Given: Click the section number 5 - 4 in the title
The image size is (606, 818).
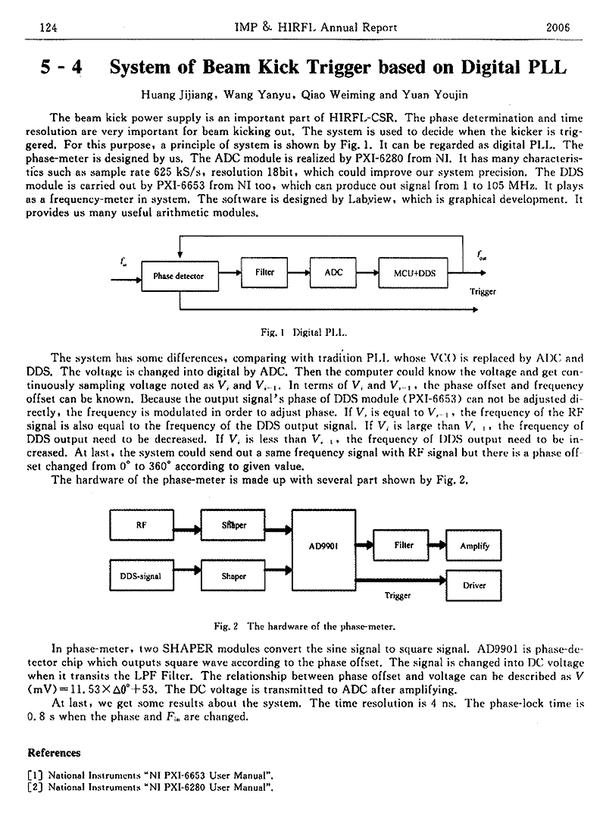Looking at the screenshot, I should tap(61, 67).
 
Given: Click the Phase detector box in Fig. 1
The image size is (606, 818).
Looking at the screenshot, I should tap(178, 276).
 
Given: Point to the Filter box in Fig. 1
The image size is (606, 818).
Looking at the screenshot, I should tap(264, 272).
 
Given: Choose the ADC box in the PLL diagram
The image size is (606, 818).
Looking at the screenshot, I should tap(334, 272).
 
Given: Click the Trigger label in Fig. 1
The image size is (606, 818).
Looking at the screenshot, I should tap(483, 291).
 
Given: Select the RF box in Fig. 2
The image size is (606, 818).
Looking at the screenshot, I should tap(141, 525).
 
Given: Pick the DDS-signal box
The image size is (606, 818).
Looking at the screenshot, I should tap(141, 575).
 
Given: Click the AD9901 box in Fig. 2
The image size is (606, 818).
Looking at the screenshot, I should tap(323, 545).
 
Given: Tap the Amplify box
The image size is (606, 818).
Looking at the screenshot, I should tap(474, 545).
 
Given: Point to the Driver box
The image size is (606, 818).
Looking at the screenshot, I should tap(474, 585).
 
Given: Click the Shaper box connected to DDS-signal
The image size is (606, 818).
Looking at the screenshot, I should tap(233, 575).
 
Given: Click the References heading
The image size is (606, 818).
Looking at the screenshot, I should tap(54, 753).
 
